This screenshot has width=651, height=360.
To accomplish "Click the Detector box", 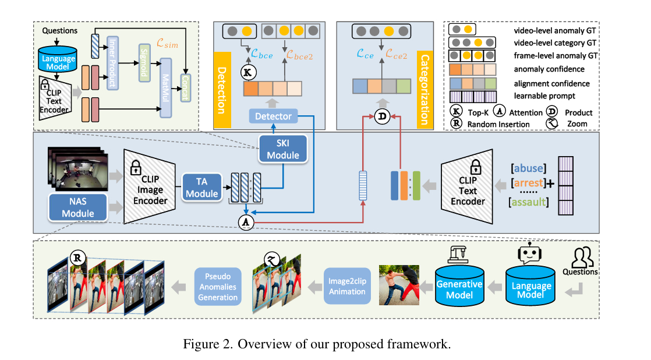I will (x=274, y=117).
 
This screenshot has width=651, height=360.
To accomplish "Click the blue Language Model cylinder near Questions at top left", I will (x=57, y=59).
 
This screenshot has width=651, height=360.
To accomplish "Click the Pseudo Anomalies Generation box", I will (x=217, y=285).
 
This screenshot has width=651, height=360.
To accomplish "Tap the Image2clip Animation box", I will (x=348, y=285).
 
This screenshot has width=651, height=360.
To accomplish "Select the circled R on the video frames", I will (x=78, y=257).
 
